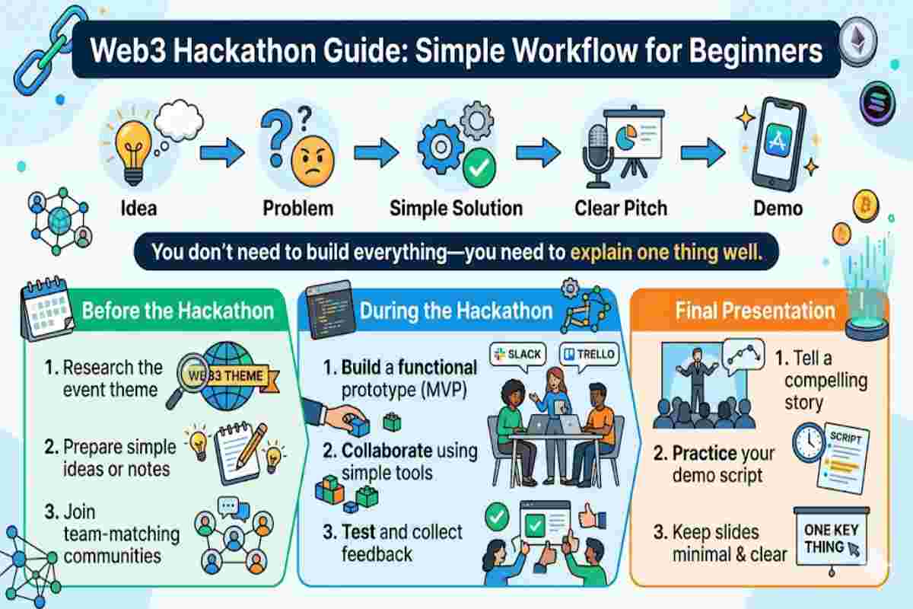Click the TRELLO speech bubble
pos(590,356)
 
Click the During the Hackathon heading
pos(456,311)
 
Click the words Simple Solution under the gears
pos(456,208)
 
